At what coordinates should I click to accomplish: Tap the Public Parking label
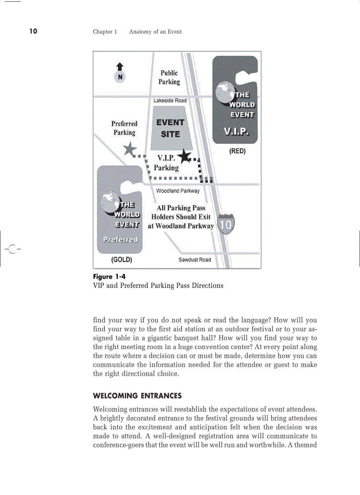click(169, 77)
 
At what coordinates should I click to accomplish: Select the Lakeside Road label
click(170, 100)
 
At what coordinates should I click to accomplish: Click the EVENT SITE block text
click(170, 128)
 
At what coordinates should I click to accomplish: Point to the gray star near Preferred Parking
click(130, 150)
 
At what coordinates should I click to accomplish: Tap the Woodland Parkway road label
click(177, 191)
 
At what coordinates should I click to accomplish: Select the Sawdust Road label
click(195, 260)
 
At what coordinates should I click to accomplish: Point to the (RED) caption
click(237, 151)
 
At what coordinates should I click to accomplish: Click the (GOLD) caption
click(121, 260)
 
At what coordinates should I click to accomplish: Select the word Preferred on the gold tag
click(120, 239)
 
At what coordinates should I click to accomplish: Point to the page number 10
click(34, 31)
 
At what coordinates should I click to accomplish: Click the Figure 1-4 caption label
click(109, 277)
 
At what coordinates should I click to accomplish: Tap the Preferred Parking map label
click(124, 128)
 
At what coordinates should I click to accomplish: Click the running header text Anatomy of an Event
click(155, 32)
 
